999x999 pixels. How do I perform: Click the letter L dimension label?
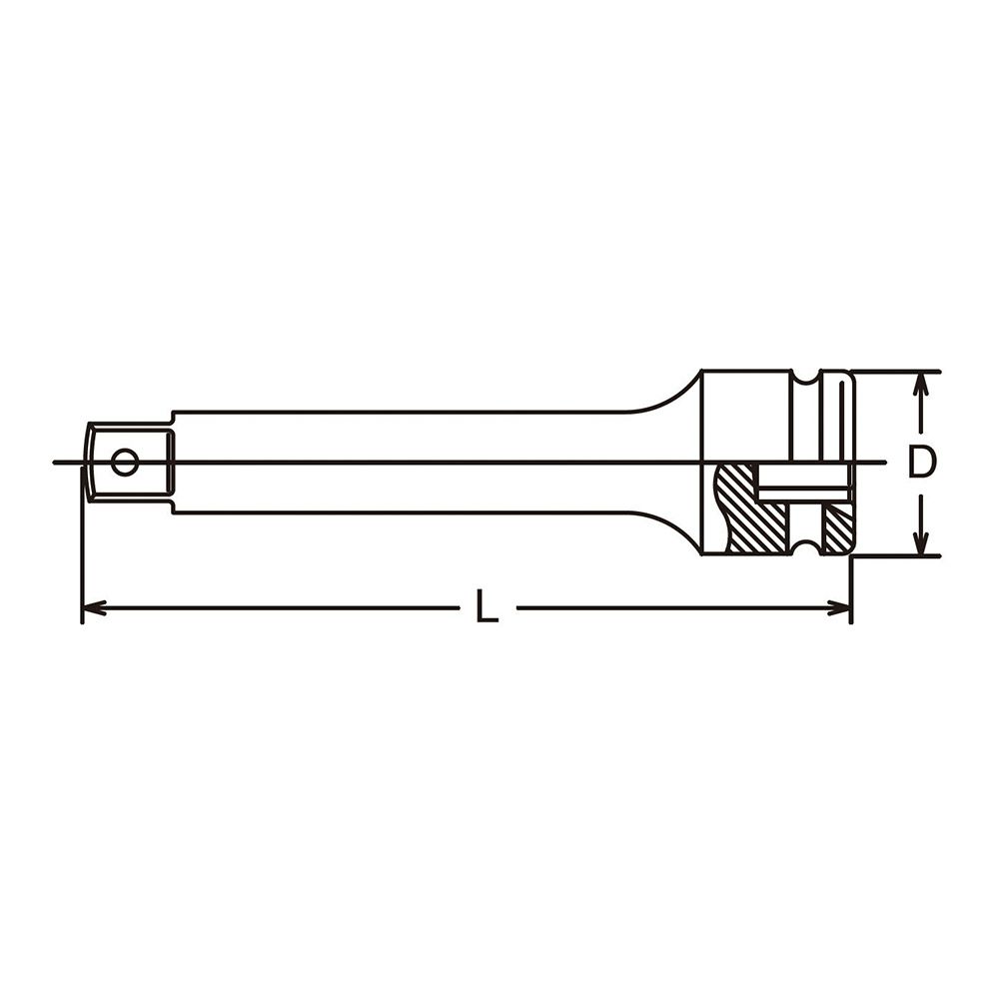(487, 606)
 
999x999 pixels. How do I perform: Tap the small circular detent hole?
(124, 462)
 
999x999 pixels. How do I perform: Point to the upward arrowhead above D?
(921, 385)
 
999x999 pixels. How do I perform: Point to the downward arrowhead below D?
(921, 542)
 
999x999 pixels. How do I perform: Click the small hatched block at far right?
(836, 527)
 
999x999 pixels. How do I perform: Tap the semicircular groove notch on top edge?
(807, 379)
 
